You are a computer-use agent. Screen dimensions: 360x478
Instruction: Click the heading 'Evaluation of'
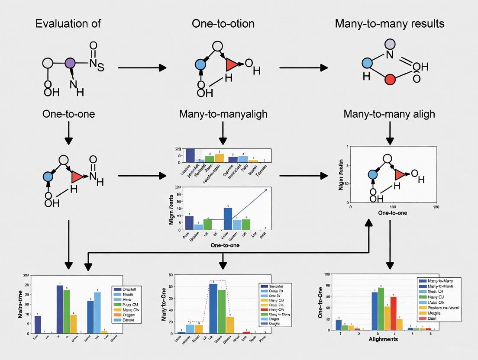pos(68,23)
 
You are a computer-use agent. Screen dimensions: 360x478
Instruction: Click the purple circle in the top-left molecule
pos(70,64)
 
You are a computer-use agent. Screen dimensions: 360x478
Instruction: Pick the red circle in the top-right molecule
pos(390,79)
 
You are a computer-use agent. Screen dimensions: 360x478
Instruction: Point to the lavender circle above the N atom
pos(390,43)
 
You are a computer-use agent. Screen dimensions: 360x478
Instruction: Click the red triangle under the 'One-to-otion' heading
pos(232,65)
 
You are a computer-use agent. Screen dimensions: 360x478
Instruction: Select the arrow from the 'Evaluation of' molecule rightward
pos(142,67)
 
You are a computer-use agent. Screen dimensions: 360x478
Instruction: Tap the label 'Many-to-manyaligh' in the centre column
pos(223,114)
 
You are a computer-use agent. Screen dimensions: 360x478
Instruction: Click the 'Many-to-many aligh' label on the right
pos(389,114)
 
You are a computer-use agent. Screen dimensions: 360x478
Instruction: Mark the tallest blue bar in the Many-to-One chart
pos(213,308)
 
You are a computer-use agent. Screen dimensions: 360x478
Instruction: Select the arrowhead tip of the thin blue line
pos(266,190)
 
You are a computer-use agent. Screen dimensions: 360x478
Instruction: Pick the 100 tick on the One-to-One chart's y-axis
pos(326,274)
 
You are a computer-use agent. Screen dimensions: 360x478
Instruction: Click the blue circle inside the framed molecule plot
pos(372,174)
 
